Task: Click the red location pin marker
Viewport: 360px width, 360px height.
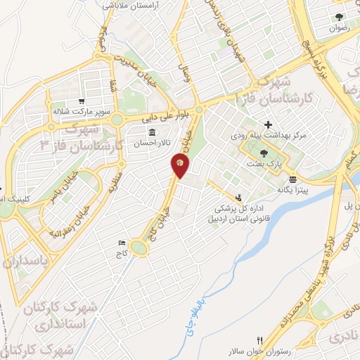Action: [x=180, y=165]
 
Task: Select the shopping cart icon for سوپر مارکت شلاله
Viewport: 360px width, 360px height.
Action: [x=83, y=100]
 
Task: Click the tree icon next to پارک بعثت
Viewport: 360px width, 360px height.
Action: [x=264, y=153]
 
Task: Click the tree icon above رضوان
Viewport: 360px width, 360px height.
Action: [x=339, y=17]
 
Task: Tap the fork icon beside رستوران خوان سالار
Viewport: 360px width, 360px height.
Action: [x=259, y=340]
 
